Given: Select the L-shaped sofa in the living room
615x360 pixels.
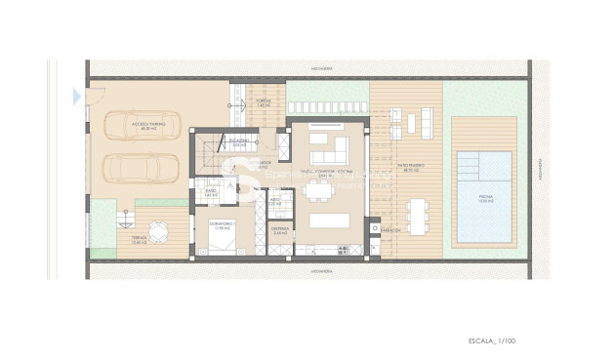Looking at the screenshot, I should point(328,150).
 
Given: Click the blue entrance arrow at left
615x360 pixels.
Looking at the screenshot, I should point(77,96).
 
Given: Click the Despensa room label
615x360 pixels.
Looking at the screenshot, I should point(280,231).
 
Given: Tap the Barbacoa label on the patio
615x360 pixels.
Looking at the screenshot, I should point(390,230).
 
